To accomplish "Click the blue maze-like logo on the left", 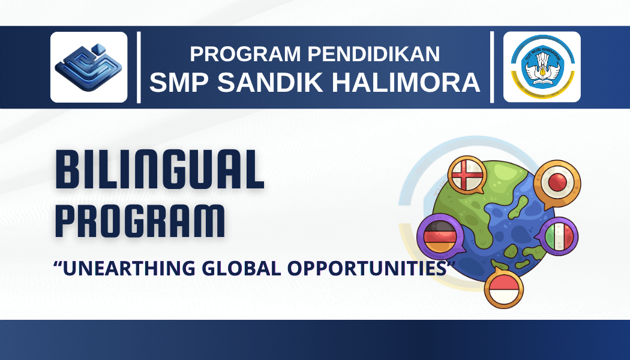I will pos(89,67).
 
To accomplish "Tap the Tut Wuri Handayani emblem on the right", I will pos(542,67).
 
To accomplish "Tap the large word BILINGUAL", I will pos(160,170).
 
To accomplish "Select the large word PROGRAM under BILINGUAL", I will pos(140,220).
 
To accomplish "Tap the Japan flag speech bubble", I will pos(557,181).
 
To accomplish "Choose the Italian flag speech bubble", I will pos(559,236).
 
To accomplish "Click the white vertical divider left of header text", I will pos(139,67).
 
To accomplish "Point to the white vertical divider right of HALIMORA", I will pos(493,67).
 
